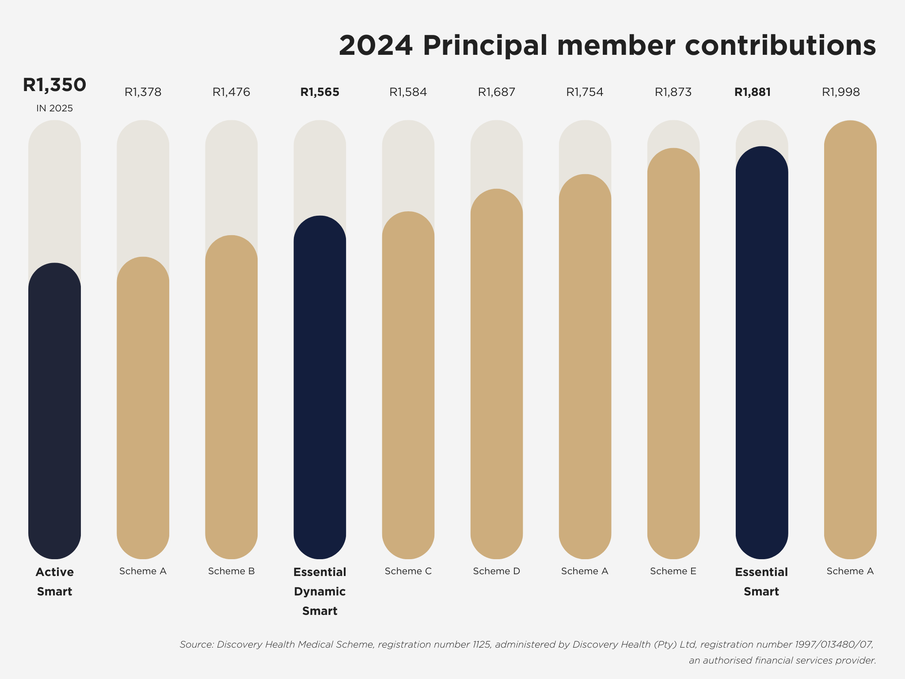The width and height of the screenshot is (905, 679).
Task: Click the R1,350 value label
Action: [54, 85]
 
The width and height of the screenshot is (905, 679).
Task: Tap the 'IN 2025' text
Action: [54, 108]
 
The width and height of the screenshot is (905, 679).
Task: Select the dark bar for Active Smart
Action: [54, 411]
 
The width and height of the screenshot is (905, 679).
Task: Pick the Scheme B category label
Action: [231, 571]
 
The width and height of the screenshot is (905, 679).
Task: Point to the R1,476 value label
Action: [231, 92]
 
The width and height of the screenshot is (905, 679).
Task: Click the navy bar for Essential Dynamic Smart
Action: [319, 387]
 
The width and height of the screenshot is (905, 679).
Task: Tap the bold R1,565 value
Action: [319, 92]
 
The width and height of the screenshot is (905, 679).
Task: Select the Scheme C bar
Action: [408, 385]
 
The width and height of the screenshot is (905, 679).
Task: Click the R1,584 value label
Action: [408, 92]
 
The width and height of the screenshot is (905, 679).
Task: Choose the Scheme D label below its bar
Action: [496, 571]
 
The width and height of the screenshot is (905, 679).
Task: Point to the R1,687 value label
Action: [496, 92]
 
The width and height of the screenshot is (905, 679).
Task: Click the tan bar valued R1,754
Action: [585, 366]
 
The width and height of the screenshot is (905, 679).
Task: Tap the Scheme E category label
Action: [673, 571]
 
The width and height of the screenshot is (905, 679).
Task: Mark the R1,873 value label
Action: [673, 92]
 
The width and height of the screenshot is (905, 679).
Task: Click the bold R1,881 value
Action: [753, 92]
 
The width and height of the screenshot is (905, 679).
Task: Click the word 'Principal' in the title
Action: [485, 46]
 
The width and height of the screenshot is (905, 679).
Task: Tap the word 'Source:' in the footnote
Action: [197, 645]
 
